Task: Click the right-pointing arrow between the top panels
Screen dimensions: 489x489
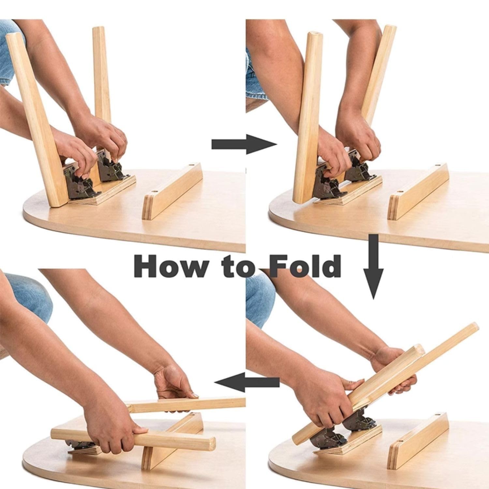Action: (x=244, y=144)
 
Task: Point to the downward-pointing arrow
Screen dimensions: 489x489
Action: (x=373, y=266)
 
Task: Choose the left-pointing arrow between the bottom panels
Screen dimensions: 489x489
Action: (x=247, y=382)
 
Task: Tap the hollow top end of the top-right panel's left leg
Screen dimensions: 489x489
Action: (x=314, y=34)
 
